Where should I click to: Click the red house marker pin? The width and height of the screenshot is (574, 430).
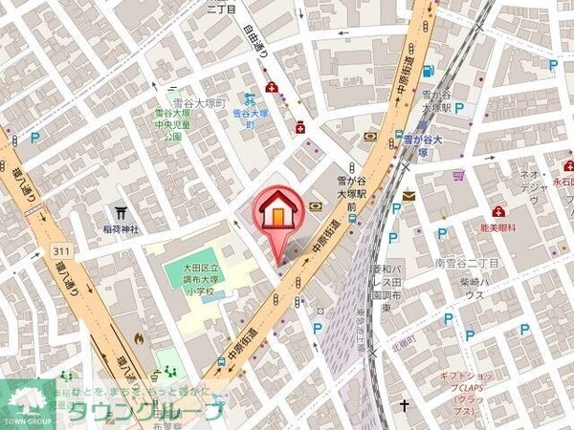276,210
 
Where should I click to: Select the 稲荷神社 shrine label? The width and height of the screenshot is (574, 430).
121,229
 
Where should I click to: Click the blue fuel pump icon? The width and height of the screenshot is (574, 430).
427,70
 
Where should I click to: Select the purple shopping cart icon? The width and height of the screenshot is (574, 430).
459,177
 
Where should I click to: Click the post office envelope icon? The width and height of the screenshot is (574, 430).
409,197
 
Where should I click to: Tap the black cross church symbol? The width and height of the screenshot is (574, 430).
405,405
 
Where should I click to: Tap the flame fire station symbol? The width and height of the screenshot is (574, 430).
140,336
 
